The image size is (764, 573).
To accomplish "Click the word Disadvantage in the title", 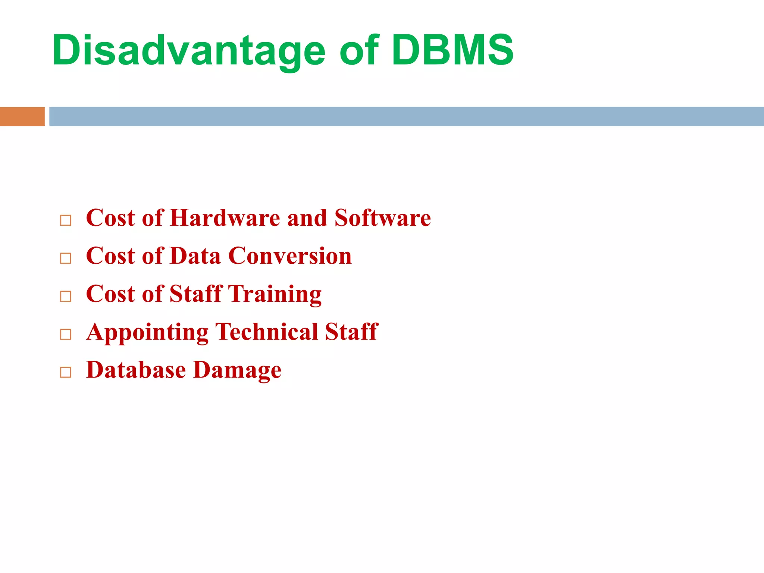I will (x=189, y=50).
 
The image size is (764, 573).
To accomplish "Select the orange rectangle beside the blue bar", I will (x=22, y=116).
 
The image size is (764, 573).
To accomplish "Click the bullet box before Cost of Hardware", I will (x=66, y=220).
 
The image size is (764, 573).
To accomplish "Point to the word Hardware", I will (x=225, y=218).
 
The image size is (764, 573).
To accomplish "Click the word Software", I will (x=383, y=218).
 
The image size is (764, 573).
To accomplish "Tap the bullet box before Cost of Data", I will (x=66, y=258).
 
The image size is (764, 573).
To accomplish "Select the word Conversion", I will (x=290, y=256).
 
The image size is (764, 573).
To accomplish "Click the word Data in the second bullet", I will (x=195, y=256).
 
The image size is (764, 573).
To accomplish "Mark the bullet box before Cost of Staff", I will (x=66, y=296).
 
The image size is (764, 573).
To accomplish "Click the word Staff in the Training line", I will (x=196, y=294).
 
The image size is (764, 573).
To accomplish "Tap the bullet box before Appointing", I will (x=66, y=334).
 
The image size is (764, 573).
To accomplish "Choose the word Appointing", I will (x=147, y=333).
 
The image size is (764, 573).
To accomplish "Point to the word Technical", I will (x=267, y=332).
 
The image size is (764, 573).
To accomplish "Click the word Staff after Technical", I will (x=351, y=332).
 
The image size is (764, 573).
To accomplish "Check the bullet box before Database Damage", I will (x=66, y=372).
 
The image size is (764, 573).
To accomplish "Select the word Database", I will (x=136, y=370).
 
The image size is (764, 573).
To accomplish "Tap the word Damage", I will (x=237, y=371).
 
